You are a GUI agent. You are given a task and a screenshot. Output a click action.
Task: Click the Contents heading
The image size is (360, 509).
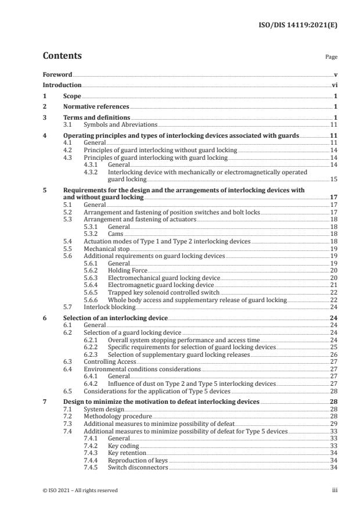(62, 56)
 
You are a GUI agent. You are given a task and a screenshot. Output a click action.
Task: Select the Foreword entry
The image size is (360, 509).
(57, 75)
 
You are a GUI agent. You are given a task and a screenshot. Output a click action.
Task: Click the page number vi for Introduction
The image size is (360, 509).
(335, 85)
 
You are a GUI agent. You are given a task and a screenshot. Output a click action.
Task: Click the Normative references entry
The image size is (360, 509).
(96, 107)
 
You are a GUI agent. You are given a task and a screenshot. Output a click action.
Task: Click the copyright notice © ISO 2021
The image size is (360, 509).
(80, 490)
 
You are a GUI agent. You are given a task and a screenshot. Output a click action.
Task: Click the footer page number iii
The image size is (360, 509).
(334, 490)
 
